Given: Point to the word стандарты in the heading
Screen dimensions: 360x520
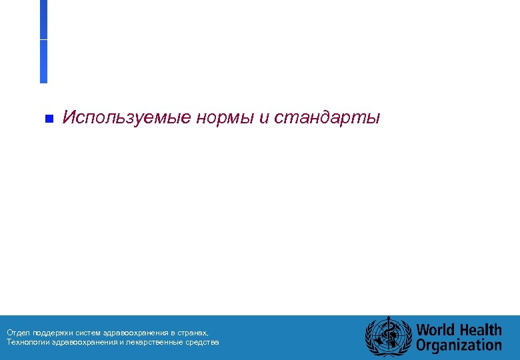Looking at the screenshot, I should (x=327, y=119).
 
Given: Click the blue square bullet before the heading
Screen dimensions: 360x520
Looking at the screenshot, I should (x=48, y=119).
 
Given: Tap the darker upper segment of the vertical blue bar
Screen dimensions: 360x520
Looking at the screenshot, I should (x=43, y=19).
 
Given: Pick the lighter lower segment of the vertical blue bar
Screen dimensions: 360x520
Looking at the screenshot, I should (x=43, y=61).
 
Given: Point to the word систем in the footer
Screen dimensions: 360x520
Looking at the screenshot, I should (x=88, y=332).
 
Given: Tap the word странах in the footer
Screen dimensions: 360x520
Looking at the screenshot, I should (x=193, y=332).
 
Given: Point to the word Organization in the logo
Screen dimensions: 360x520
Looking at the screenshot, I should (x=459, y=345).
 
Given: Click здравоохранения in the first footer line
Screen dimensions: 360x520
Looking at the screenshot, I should (x=136, y=332).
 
